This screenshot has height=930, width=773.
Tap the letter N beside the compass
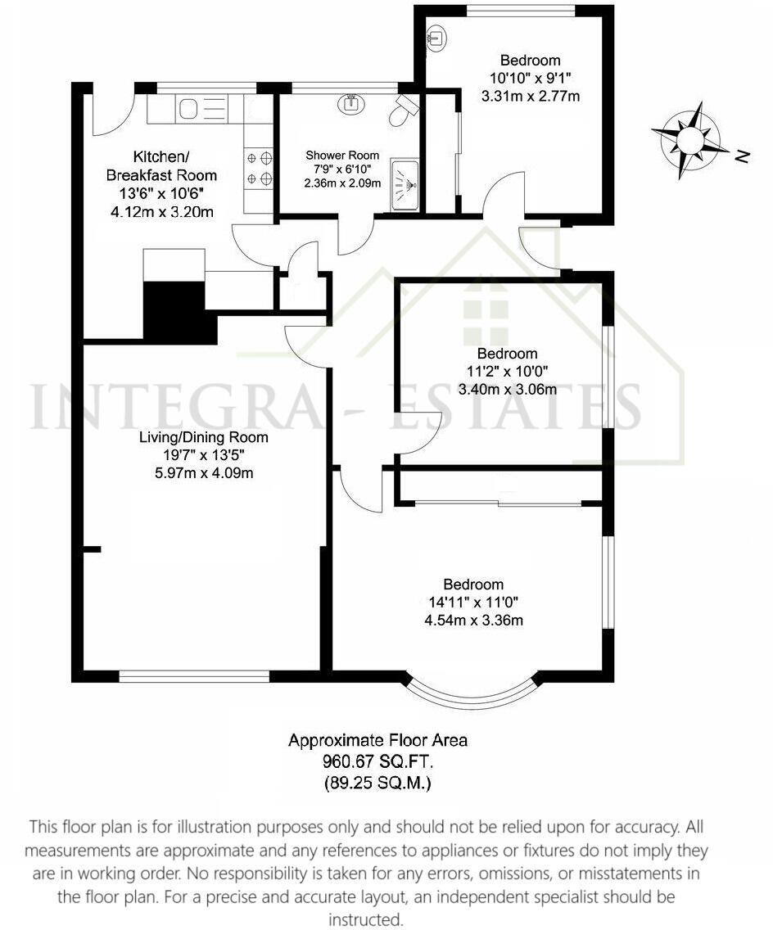(x=742, y=156)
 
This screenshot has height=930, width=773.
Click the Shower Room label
(x=342, y=155)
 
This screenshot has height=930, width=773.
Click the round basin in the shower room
(x=350, y=103)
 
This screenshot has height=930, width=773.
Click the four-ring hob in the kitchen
(x=259, y=168)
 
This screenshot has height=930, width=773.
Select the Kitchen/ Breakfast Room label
(x=162, y=165)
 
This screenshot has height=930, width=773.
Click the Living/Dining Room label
(x=203, y=438)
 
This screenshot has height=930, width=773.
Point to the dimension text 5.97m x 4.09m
(x=203, y=472)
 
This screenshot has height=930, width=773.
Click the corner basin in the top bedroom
(x=437, y=36)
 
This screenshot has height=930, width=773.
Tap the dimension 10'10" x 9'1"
(x=530, y=78)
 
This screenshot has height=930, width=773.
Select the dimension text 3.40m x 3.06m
(x=508, y=389)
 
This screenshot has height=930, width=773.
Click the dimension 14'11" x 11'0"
(x=473, y=602)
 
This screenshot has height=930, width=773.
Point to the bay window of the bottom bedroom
(x=472, y=693)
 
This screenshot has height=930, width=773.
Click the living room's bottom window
(x=194, y=676)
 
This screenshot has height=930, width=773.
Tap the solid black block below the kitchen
(x=179, y=310)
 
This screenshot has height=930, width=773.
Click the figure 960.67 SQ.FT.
(x=377, y=761)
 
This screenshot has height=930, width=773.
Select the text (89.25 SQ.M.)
(x=377, y=783)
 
